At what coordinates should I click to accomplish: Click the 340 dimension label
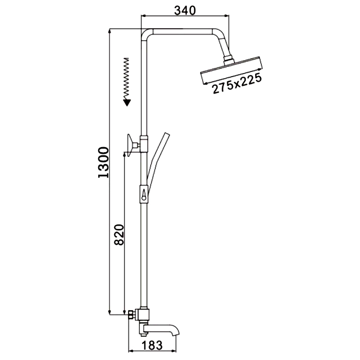pos(185,10)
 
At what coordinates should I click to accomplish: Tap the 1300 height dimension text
pos(103,163)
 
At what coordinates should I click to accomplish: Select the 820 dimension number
pos(119,235)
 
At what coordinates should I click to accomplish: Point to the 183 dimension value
pos(152,345)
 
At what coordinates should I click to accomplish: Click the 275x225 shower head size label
pos(237,83)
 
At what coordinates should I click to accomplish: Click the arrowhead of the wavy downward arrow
pos(127,102)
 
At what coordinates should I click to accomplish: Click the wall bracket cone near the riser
pos(131,145)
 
